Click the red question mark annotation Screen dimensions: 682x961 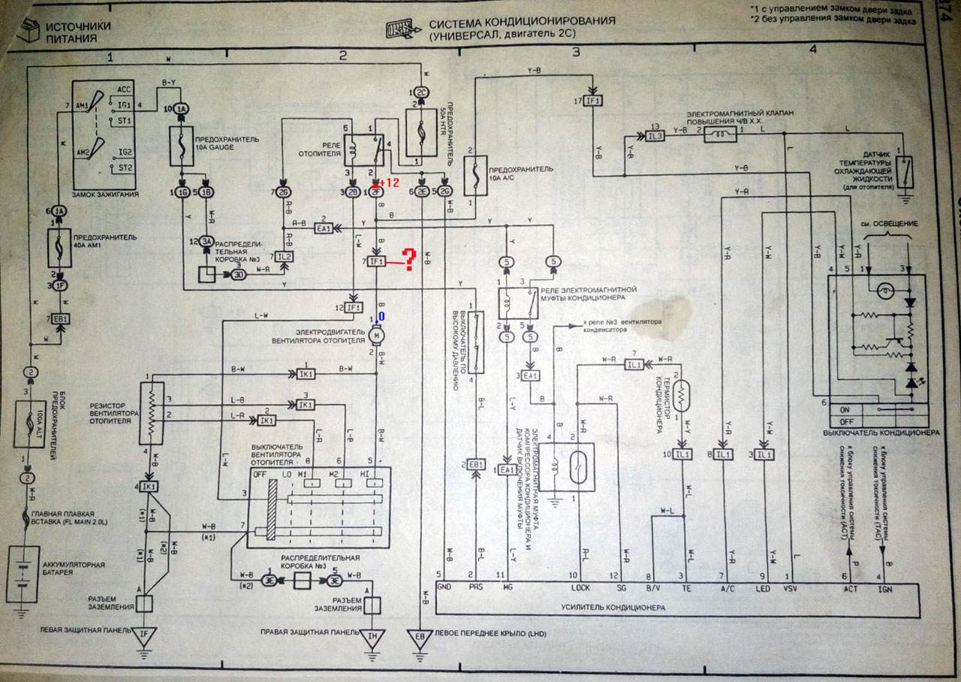[x=409, y=260]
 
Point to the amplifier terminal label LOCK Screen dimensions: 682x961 [x=580, y=588]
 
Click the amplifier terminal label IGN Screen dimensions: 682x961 [x=887, y=588]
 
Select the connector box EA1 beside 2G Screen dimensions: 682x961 [x=324, y=228]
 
